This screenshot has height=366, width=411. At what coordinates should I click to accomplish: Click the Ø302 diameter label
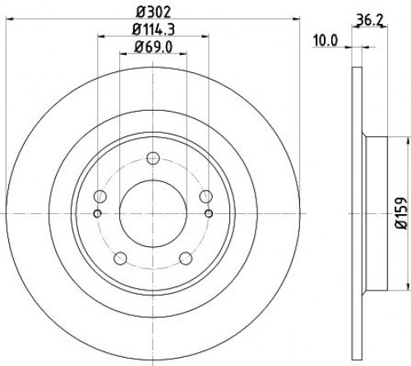click(x=154, y=12)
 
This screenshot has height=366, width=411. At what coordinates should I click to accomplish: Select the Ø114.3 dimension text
click(x=154, y=30)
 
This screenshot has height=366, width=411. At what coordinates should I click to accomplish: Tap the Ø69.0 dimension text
click(x=154, y=48)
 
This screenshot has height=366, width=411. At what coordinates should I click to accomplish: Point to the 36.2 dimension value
click(x=371, y=20)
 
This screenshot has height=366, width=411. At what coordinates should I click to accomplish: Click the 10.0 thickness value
click(x=326, y=41)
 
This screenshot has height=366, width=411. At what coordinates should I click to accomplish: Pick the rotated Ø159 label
click(x=401, y=213)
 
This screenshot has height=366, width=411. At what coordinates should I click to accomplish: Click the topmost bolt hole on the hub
click(x=153, y=158)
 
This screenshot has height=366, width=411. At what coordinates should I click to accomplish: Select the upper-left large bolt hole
click(x=100, y=196)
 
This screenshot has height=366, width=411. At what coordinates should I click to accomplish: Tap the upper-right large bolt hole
click(x=205, y=196)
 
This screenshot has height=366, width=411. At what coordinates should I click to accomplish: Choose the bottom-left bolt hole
click(x=120, y=258)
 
